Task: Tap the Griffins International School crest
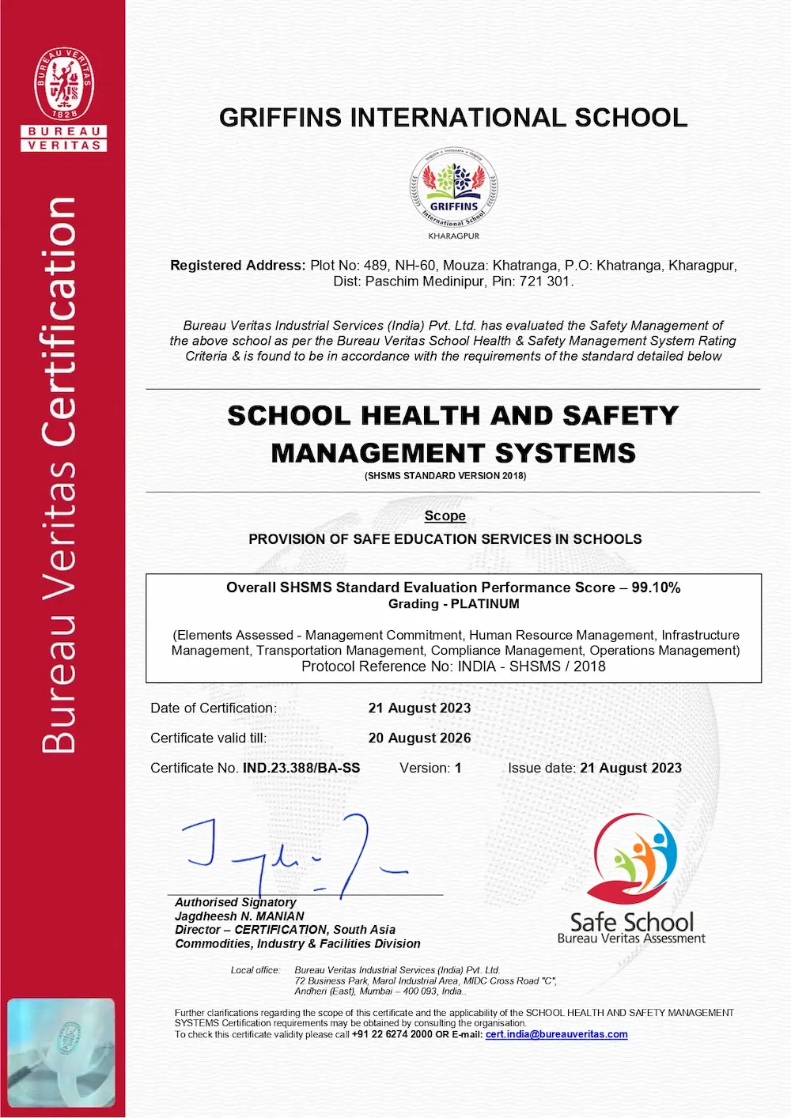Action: pyautogui.click(x=453, y=190)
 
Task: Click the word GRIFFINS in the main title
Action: pyautogui.click(x=281, y=118)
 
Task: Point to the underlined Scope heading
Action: pyautogui.click(x=445, y=516)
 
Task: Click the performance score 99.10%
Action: pyautogui.click(x=656, y=587)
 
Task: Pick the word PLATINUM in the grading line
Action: pyautogui.click(x=485, y=604)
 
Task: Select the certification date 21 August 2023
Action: pyautogui.click(x=419, y=708)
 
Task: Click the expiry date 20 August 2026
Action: pyautogui.click(x=419, y=738)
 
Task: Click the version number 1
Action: pyautogui.click(x=457, y=769)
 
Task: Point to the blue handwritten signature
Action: pyautogui.click(x=293, y=854)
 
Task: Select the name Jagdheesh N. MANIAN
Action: pyautogui.click(x=240, y=916)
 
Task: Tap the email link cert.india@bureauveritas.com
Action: pyautogui.click(x=556, y=1034)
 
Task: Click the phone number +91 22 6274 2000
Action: pyautogui.click(x=392, y=1034)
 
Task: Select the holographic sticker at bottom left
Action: pyautogui.click(x=62, y=1052)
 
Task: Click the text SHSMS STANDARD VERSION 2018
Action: pyautogui.click(x=445, y=476)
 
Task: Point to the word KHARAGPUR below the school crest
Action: pyautogui.click(x=453, y=236)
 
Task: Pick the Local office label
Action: pyautogui.click(x=255, y=970)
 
